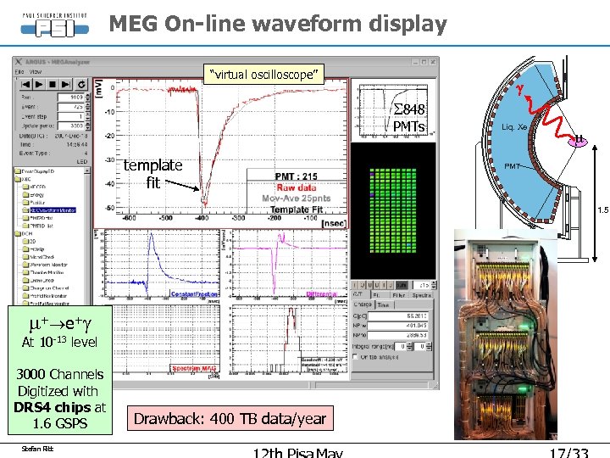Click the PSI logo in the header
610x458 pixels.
click(54, 25)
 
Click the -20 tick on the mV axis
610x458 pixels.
click(109, 136)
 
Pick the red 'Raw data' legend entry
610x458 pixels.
click(296, 187)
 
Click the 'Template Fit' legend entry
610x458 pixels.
click(296, 209)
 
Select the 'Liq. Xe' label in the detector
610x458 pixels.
click(514, 127)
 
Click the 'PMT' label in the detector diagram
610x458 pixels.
click(513, 166)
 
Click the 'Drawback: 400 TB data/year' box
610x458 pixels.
click(230, 418)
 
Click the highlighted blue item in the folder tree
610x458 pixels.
click(54, 209)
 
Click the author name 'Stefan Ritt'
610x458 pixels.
click(36, 448)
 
